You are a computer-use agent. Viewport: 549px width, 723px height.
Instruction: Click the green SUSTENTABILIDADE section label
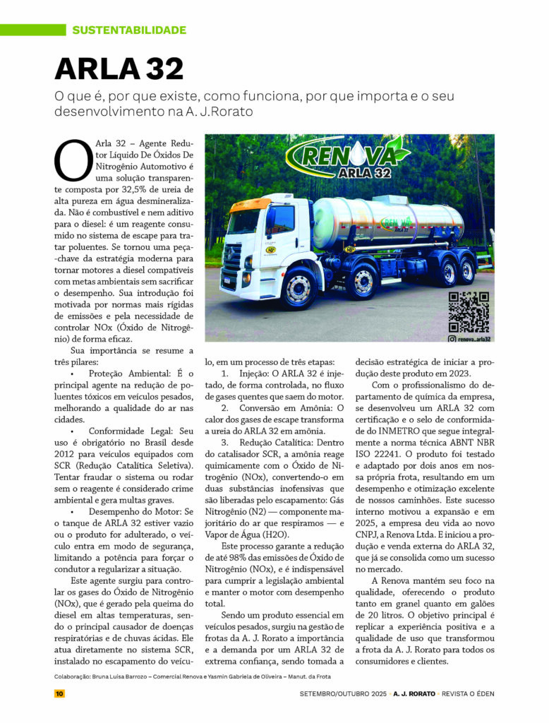coord(129,30)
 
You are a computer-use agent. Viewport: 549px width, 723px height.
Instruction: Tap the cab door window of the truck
coord(281,220)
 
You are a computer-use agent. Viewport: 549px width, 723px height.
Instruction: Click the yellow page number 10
coord(59,693)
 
